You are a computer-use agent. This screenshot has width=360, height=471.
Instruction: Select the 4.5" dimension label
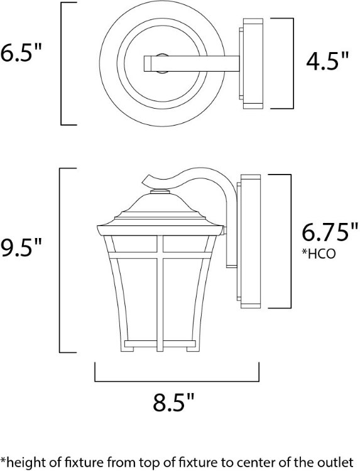327,61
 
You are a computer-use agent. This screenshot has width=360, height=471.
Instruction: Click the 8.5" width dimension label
175,402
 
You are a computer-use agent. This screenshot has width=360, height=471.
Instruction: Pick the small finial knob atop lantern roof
161,190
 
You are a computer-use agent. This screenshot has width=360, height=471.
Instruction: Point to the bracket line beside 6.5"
62,63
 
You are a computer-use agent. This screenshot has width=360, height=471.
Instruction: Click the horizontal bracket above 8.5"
177,381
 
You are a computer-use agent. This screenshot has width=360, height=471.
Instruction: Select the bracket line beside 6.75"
290,241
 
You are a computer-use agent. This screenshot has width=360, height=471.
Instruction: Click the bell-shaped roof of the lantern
161,210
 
